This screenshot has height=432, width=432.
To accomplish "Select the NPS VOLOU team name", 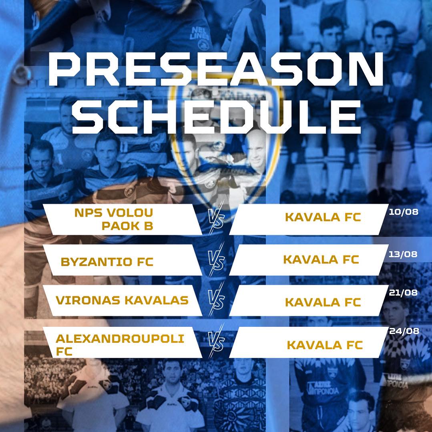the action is click(x=114, y=213).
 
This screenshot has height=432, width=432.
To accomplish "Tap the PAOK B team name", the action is click(x=127, y=226).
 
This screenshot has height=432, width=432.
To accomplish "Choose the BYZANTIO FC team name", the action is click(x=107, y=262).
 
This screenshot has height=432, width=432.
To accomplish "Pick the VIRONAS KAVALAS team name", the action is click(x=122, y=300).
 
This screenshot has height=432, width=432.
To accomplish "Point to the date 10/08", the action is click(x=404, y=212).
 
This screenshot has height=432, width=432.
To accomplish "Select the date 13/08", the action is click(x=403, y=254).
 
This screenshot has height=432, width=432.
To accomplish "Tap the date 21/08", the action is click(x=403, y=292).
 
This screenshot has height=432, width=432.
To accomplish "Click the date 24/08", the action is click(x=404, y=331).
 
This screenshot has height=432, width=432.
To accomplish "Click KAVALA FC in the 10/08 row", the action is click(x=323, y=217).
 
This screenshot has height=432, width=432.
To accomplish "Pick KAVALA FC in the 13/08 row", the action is click(x=321, y=260).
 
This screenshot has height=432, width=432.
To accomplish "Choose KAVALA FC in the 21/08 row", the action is click(x=323, y=302).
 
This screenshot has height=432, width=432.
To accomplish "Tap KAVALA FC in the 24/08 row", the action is click(x=325, y=345).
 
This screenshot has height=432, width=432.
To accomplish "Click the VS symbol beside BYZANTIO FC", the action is click(x=216, y=260).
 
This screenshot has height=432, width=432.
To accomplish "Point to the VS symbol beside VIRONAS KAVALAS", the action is click(x=216, y=300).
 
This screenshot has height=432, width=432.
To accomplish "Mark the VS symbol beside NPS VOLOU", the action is click(x=216, y=219).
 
